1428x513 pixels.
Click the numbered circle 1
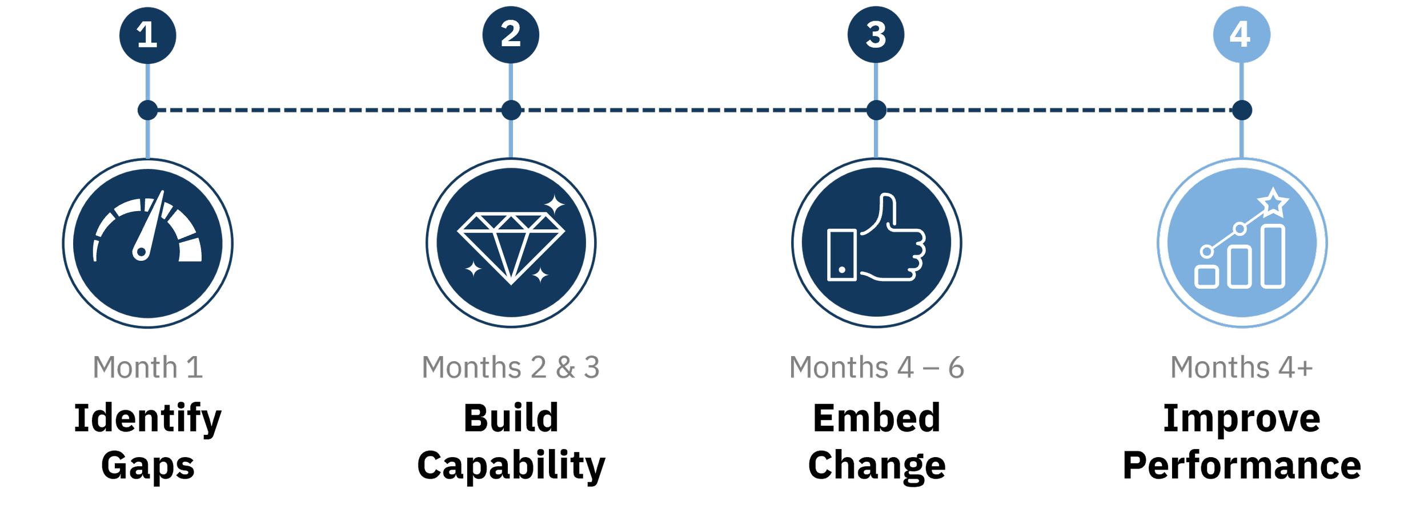[147, 35]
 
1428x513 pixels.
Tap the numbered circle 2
[511, 34]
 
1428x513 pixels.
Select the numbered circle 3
[876, 34]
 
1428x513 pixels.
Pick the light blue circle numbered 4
[1241, 34]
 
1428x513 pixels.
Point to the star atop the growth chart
[1273, 203]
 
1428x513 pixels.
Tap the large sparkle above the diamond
[553, 204]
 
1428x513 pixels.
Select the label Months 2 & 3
[511, 367]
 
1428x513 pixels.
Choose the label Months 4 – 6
[876, 367]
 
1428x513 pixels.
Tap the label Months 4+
[1241, 367]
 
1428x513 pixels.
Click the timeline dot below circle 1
[148, 110]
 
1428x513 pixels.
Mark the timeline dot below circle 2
[511, 110]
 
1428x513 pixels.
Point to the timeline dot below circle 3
[876, 110]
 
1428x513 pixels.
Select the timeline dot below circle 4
[1242, 110]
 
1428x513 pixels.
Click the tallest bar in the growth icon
[1273, 256]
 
